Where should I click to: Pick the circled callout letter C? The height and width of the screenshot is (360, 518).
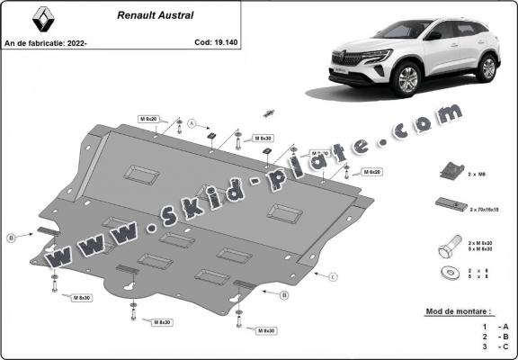332,275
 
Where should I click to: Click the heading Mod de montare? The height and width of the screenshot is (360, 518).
457,312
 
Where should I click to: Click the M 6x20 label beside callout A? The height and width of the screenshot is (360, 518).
148,119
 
